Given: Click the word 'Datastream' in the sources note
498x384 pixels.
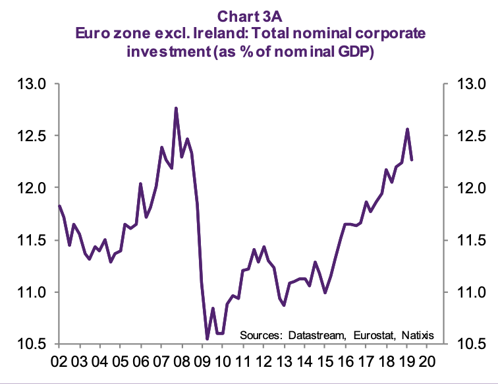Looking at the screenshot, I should (x=315, y=333).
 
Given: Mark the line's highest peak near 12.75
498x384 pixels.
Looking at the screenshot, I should (x=176, y=108).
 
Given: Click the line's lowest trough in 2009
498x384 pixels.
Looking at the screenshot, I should (x=207, y=338).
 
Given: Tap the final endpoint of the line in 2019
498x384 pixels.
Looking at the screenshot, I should (x=412, y=160).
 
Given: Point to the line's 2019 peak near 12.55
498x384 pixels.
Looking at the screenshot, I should (x=408, y=129).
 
